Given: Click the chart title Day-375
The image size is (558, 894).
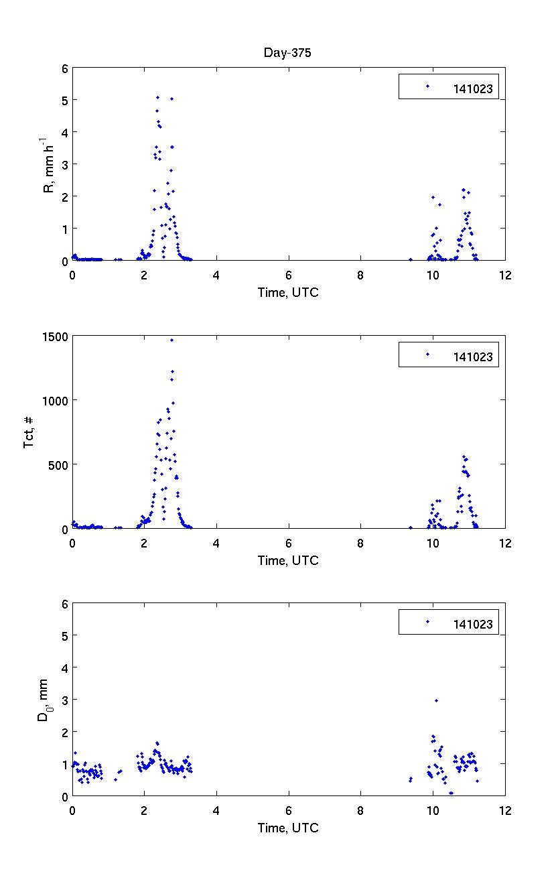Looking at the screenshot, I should click(x=287, y=54).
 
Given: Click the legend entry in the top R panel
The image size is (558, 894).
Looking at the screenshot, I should click(x=449, y=87).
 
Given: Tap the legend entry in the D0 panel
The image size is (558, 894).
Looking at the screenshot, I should click(x=449, y=623).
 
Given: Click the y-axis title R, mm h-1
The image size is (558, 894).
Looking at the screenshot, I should click(x=48, y=166).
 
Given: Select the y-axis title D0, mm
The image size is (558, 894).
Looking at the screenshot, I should click(x=44, y=700).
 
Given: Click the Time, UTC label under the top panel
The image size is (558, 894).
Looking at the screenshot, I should click(x=288, y=292).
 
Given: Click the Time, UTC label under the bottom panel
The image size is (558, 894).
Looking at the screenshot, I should click(x=288, y=828).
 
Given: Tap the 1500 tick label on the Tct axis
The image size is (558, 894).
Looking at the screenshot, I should click(x=56, y=336).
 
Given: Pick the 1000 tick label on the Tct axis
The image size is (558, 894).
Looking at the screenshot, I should click(x=56, y=401).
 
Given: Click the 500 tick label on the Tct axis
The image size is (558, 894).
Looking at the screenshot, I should click(x=59, y=464).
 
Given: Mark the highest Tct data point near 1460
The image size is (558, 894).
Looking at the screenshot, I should click(x=171, y=340).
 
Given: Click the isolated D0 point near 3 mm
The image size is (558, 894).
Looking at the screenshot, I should click(x=436, y=700).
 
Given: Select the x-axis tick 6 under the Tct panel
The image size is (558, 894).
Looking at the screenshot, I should click(x=289, y=543).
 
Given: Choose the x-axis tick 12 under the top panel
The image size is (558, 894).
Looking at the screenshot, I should click(x=505, y=275).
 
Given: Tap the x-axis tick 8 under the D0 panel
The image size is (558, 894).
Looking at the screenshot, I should click(x=361, y=810).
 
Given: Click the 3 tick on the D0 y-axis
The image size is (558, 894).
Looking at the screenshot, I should click(x=65, y=700).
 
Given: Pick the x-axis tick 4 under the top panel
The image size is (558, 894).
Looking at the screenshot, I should click(x=216, y=275).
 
